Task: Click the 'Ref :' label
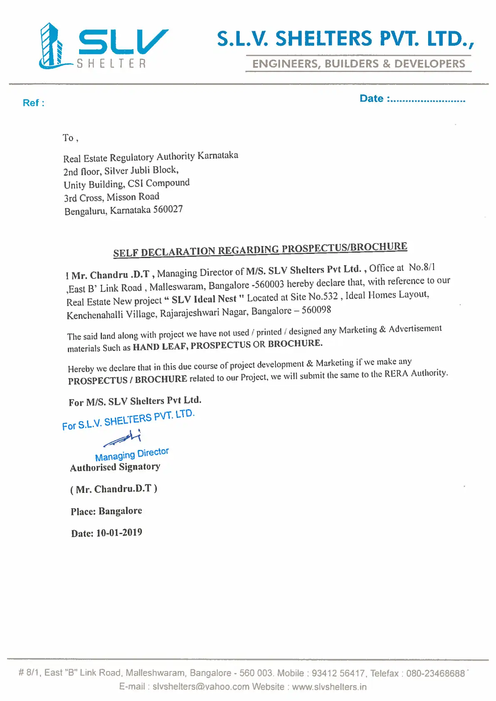pos(33,103)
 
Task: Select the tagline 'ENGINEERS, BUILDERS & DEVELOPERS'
pos(359,64)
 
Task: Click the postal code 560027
pos(168,209)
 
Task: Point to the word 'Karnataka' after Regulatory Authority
pos(218,155)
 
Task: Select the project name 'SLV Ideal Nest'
pos(204,299)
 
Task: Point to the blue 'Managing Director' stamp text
pos(132,454)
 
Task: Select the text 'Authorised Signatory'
pos(115,467)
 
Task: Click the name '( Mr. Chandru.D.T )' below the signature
pos(114,489)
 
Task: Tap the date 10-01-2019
pos(119,532)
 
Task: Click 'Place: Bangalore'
pos(106,511)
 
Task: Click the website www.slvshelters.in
pos(329,687)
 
